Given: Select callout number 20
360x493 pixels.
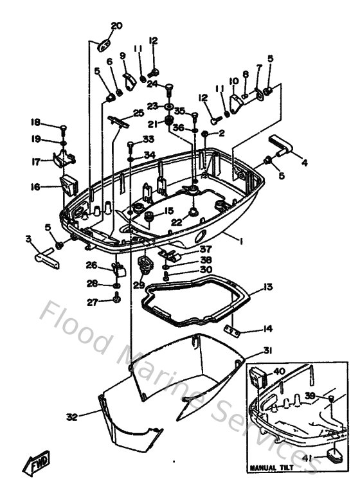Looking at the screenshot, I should coord(116,26).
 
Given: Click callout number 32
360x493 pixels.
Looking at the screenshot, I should coord(72,417).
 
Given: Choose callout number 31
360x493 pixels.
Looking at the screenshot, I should coord(267,350).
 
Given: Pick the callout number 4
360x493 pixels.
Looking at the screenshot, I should coord(304,163).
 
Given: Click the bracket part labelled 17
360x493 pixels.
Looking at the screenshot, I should coord(63,157).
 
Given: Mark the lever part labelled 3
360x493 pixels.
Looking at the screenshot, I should coord(44,258).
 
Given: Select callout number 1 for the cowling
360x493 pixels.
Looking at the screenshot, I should coord(240,240).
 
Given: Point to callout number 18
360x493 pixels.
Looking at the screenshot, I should coord(35,122).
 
